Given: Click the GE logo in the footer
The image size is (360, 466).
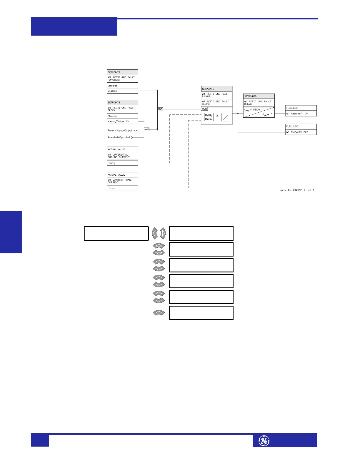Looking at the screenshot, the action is tap(264, 441).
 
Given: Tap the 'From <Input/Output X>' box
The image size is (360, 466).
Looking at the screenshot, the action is tap(122, 130).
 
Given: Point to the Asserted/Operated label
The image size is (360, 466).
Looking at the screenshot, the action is tap(119, 137).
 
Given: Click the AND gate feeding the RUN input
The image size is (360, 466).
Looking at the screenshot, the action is tap(160, 109).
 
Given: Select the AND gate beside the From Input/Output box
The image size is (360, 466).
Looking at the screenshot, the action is tap(146, 129).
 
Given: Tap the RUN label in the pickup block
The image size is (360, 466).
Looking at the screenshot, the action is tap(204, 109).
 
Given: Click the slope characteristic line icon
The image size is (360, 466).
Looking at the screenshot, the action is tap(225, 118).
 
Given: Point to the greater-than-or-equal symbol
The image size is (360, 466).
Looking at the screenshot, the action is tap(217, 115).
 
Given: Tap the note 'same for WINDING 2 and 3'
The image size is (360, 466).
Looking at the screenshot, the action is tap(297, 190).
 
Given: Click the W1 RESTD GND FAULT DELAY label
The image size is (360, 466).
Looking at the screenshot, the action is tap(257, 102).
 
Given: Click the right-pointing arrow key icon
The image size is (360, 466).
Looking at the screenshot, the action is tap(163, 234).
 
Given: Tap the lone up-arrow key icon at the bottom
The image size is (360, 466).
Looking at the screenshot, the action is tap(159, 313).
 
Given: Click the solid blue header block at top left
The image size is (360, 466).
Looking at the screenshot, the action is tap(74, 26).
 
